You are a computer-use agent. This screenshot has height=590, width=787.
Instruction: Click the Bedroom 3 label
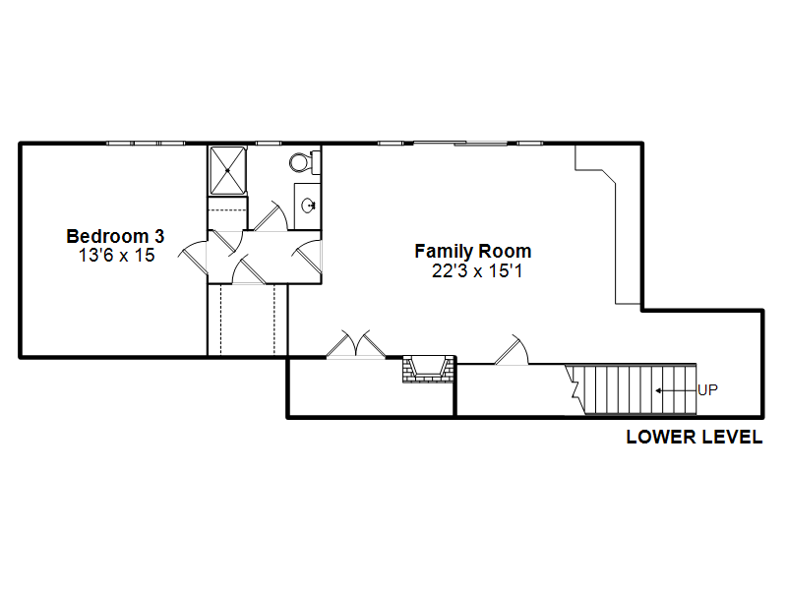(115, 236)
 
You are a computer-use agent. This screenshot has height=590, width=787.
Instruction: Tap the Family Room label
(473, 251)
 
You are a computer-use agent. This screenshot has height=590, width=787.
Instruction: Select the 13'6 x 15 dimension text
(116, 255)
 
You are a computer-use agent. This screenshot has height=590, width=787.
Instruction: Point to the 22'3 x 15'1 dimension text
(477, 271)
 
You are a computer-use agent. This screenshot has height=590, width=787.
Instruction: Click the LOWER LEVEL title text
(695, 437)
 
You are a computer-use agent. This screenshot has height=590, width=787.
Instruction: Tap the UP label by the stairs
(707, 389)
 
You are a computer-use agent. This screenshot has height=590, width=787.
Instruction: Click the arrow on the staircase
(676, 390)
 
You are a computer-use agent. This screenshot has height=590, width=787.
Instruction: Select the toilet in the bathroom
(305, 162)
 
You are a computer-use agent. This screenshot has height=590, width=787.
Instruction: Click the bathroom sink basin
(308, 206)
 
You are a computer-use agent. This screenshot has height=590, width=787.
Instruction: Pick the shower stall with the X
(228, 170)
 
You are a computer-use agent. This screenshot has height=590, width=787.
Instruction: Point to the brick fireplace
(428, 370)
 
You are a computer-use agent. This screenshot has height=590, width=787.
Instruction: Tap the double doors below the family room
(356, 344)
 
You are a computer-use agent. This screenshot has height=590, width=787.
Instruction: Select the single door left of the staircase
(512, 350)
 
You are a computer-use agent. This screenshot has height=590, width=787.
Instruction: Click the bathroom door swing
(271, 216)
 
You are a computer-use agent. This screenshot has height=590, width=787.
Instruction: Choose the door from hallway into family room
(307, 256)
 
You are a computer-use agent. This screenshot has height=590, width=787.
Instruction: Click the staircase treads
(634, 389)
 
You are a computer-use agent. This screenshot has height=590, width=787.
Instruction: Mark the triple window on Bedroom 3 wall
(146, 144)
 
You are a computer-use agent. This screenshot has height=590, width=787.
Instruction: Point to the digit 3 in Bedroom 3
(159, 236)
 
